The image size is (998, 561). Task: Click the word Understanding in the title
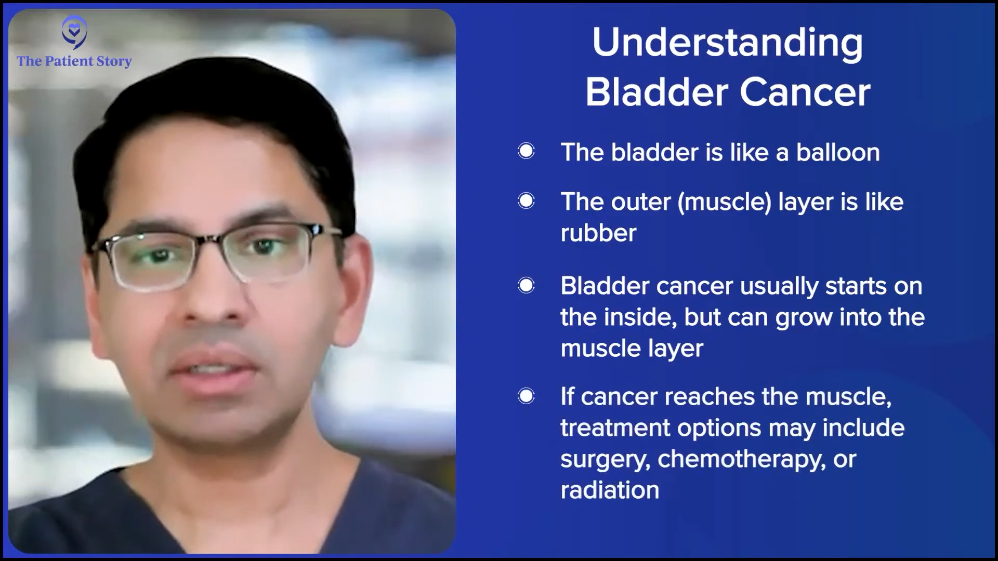click(x=728, y=43)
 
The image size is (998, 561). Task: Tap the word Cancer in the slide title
click(x=805, y=93)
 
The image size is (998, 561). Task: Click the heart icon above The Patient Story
click(x=74, y=32)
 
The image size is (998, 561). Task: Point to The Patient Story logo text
click(x=74, y=61)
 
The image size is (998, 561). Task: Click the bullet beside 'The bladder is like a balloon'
click(x=526, y=151)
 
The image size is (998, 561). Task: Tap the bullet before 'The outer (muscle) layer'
click(x=526, y=201)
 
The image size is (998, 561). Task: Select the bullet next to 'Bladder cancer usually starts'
click(x=526, y=285)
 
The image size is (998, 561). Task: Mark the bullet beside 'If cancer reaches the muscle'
click(x=526, y=396)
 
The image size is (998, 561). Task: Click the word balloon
click(x=838, y=153)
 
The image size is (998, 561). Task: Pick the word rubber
click(x=598, y=233)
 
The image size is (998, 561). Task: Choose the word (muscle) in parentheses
click(x=724, y=202)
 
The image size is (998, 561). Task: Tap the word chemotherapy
click(x=742, y=460)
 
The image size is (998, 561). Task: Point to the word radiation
click(x=610, y=490)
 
